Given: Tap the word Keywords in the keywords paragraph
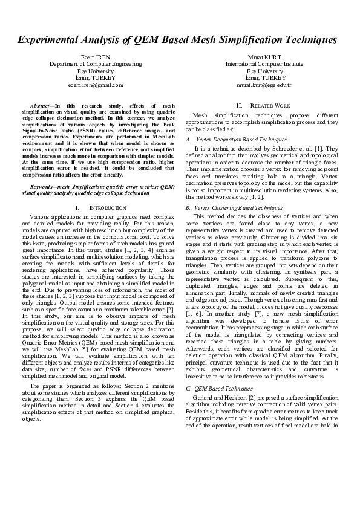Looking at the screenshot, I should pyautogui.click(x=42, y=187).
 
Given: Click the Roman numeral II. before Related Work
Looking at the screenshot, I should pyautogui.click(x=239, y=105).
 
